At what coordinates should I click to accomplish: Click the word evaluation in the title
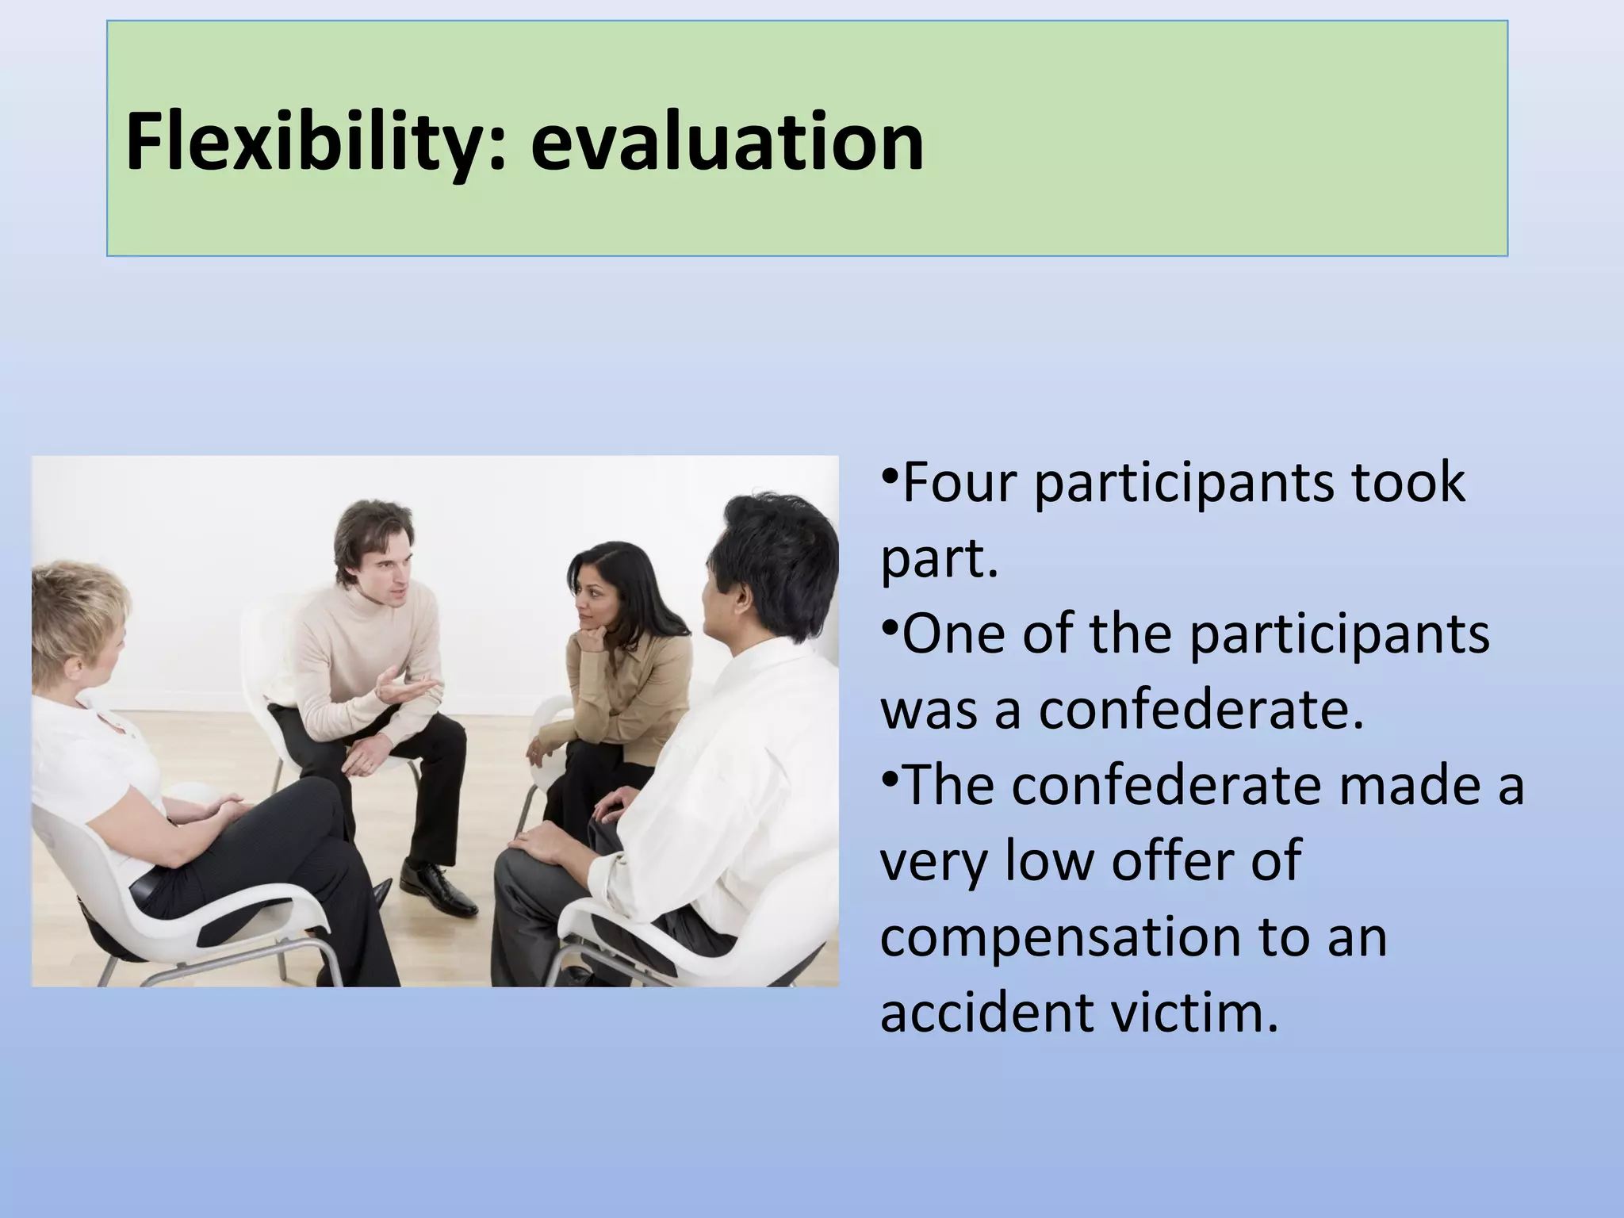coord(726,143)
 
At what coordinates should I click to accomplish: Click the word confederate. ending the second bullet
coord(1201,710)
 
